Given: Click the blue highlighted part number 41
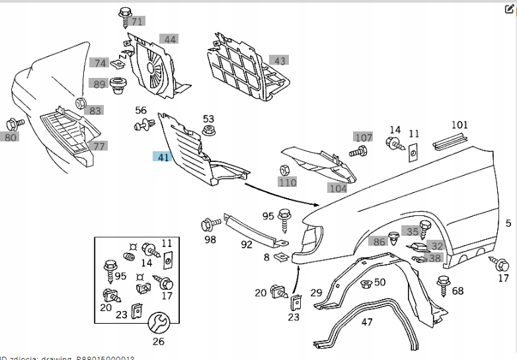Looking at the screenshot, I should (162, 157).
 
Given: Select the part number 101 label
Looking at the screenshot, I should (459, 125).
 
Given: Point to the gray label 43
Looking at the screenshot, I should (280, 61).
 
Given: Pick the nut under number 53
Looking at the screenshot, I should (207, 130).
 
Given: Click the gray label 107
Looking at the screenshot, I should (363, 137).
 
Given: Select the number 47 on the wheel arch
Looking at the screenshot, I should (367, 322).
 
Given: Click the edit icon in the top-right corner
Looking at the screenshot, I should (508, 10).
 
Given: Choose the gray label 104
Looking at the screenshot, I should (338, 188).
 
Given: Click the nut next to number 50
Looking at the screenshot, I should (365, 283).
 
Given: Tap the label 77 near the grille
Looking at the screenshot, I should (99, 146).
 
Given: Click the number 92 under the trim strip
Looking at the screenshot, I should (246, 244).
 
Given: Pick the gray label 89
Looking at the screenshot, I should (99, 84).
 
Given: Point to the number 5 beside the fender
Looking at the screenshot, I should (508, 223).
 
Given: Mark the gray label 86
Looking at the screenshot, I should (379, 242).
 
